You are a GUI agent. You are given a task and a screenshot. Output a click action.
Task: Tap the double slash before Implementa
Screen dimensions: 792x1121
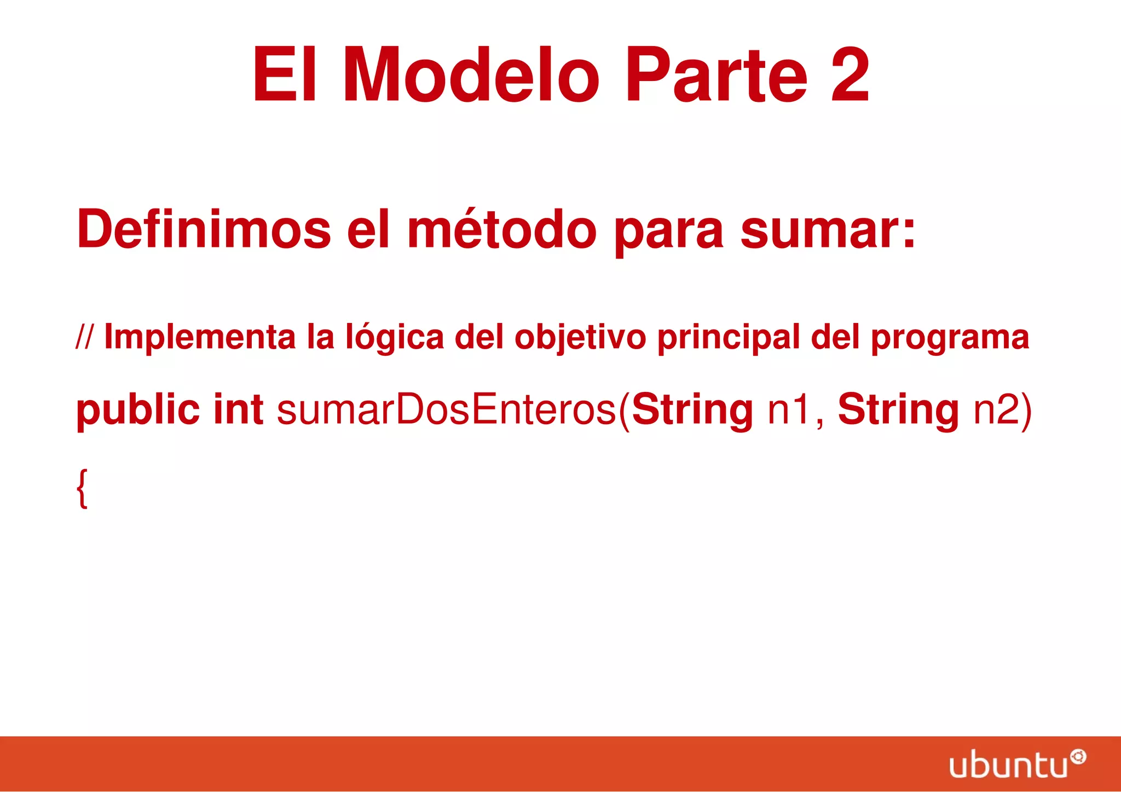click(x=84, y=337)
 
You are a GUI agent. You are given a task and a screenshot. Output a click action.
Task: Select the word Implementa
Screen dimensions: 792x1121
click(x=199, y=337)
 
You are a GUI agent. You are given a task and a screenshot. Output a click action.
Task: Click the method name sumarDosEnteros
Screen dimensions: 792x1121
click(x=447, y=409)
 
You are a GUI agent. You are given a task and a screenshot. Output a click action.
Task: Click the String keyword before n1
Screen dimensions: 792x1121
click(x=692, y=409)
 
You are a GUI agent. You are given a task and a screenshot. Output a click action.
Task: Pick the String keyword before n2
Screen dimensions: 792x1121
click(x=898, y=409)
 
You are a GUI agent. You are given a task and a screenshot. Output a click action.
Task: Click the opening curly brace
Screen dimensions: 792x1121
click(x=82, y=488)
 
